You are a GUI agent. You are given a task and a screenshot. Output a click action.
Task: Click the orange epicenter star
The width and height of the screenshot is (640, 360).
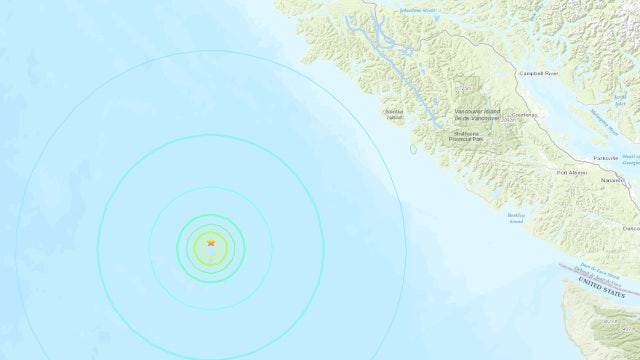(211, 242)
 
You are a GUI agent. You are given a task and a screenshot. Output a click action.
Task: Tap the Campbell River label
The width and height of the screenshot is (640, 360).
(539, 73)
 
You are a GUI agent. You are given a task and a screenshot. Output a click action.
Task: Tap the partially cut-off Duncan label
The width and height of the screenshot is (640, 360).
(633, 228)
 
